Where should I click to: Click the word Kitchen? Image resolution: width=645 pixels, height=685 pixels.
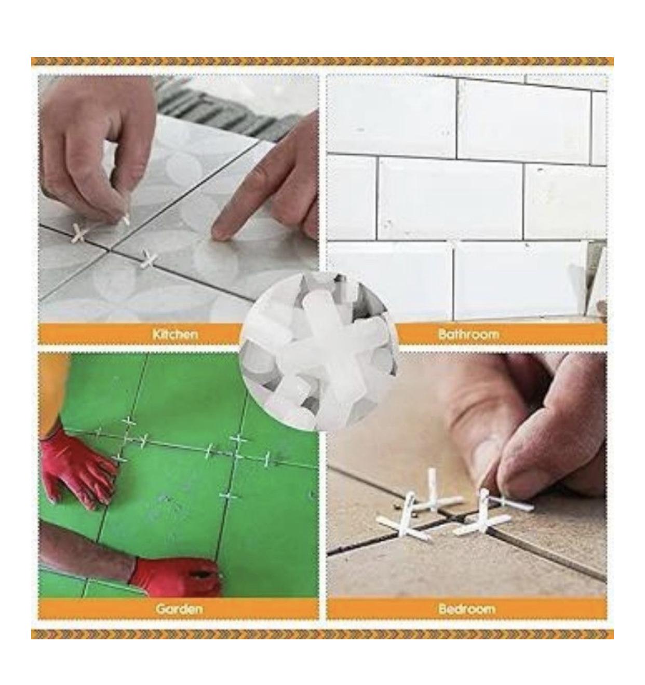pos(175,334)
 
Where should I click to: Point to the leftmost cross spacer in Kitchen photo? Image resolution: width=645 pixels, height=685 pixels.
pos(80,233)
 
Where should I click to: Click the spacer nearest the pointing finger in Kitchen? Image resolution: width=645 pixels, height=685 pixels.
pos(149,260)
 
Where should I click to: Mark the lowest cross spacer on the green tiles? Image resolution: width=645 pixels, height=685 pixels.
pos(230,497)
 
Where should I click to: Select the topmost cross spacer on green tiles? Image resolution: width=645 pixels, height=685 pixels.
pos(128,421)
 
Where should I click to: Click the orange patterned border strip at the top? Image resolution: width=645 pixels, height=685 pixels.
pos(322,61)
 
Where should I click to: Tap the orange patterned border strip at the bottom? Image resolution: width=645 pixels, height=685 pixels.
pos(322,634)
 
